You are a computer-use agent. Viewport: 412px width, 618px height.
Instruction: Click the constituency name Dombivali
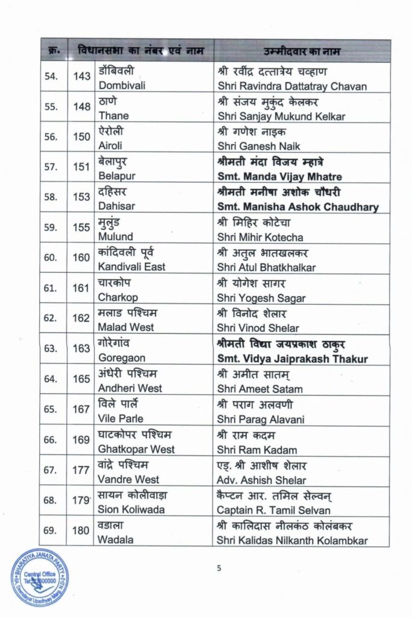[123, 87]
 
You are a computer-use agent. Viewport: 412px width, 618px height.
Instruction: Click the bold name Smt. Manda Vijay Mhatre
[279, 177]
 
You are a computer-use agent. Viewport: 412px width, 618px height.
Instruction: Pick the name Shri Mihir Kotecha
[261, 237]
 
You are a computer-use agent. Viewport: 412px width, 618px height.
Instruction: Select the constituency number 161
[81, 288]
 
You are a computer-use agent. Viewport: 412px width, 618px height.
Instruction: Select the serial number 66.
[51, 441]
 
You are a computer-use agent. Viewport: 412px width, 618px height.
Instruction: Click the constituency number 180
[81, 531]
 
